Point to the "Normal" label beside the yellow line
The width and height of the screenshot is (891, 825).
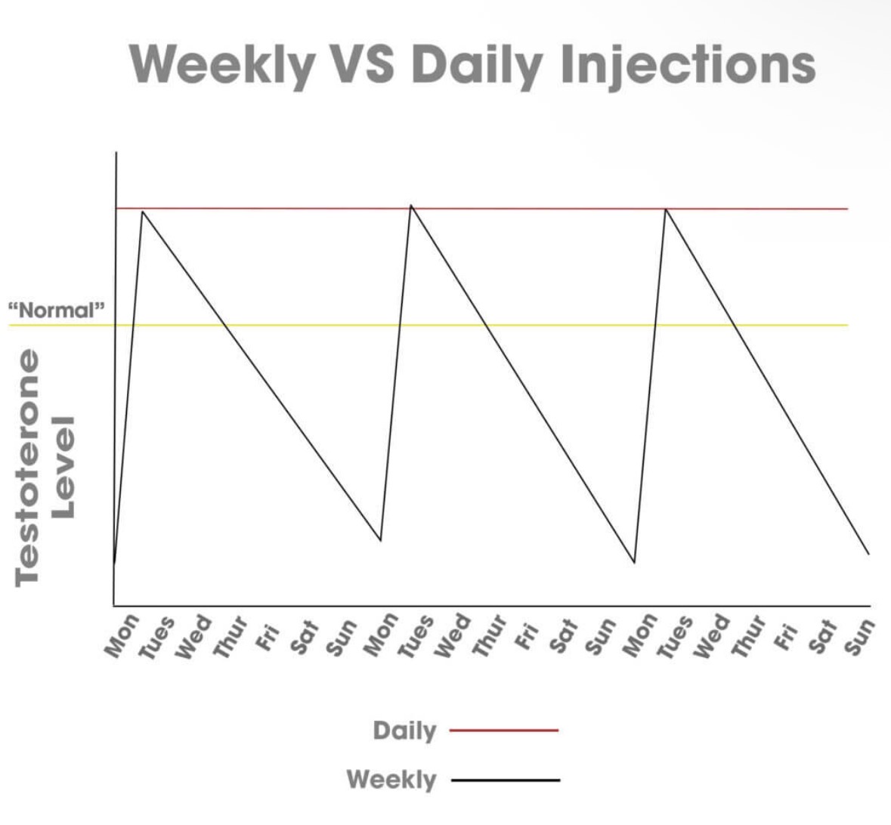click(56, 310)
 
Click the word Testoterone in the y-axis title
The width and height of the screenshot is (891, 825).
click(29, 467)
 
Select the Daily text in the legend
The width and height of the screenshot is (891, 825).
click(404, 731)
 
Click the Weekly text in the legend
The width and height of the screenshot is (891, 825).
click(391, 779)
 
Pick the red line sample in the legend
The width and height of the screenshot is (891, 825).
click(503, 731)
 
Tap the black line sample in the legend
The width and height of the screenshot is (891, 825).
click(505, 780)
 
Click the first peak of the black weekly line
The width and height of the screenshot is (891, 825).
click(142, 212)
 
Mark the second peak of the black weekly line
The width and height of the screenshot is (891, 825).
click(410, 205)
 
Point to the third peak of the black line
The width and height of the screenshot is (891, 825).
click(665, 209)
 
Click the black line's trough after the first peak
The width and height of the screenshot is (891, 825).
click(380, 540)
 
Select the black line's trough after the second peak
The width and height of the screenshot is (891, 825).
click(634, 563)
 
